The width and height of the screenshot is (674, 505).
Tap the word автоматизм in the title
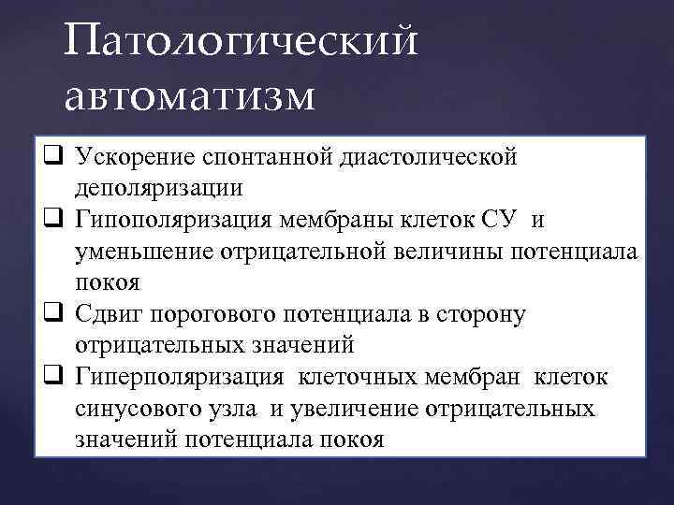click(191, 96)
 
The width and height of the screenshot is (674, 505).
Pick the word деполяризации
click(160, 187)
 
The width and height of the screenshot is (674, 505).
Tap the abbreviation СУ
click(526, 219)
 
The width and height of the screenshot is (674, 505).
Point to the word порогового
click(212, 314)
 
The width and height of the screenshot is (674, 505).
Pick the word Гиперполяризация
click(183, 378)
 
